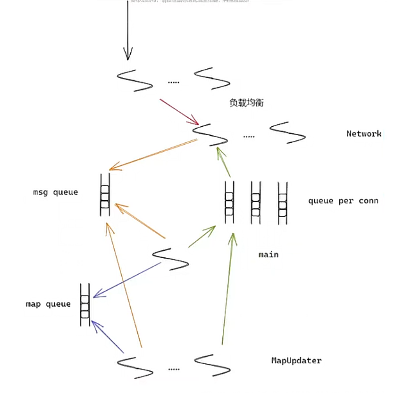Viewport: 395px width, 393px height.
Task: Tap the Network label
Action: pyautogui.click(x=363, y=133)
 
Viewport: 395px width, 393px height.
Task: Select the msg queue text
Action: pyautogui.click(x=55, y=192)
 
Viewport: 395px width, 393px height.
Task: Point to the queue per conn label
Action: pyautogui.click(x=343, y=201)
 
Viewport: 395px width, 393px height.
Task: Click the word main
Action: pyautogui.click(x=268, y=255)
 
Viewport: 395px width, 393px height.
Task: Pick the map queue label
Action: pyautogui.click(x=48, y=304)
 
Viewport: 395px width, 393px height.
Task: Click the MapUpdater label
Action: pyautogui.click(x=296, y=361)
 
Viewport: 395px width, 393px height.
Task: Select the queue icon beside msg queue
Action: pyautogui.click(x=105, y=195)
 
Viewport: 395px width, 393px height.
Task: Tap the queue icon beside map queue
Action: pyautogui.click(x=85, y=304)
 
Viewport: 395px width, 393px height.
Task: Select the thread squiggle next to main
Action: pyautogui.click(x=170, y=259)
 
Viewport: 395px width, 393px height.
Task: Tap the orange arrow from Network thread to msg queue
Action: pyautogui.click(x=153, y=155)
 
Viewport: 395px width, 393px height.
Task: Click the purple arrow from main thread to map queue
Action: pyautogui.click(x=127, y=280)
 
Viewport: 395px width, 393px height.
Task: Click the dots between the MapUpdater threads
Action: pyautogui.click(x=173, y=369)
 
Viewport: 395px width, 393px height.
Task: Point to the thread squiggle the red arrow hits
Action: pyautogui.click(x=210, y=134)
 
